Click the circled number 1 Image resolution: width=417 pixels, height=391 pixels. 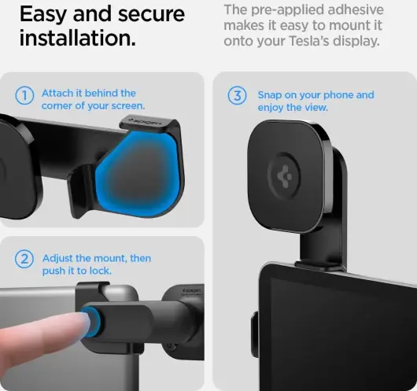(24, 95)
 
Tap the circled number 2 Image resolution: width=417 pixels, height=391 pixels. (24, 259)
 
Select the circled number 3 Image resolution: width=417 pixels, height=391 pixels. (238, 96)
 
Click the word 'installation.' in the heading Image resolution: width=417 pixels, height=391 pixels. (77, 38)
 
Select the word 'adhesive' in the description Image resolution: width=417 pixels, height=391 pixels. (356, 10)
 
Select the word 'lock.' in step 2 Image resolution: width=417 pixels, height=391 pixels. (101, 271)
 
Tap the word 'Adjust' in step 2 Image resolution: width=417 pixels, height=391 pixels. (57, 259)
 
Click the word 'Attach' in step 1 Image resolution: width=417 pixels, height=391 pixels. (57, 94)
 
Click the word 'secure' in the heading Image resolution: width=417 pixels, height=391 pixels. (151, 14)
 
